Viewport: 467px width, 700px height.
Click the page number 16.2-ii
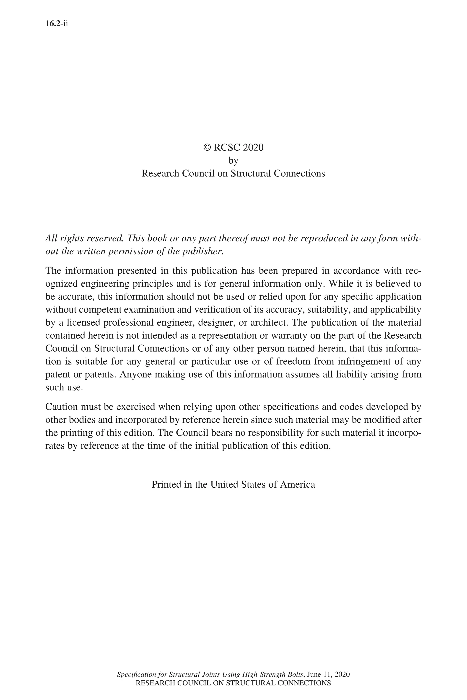coord(57,24)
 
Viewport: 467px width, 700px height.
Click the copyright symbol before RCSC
coord(207,147)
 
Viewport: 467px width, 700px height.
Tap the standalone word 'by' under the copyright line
coord(233,160)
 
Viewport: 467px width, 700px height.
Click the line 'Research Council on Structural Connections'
coord(233,173)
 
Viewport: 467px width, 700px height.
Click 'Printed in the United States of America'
coord(233,484)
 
